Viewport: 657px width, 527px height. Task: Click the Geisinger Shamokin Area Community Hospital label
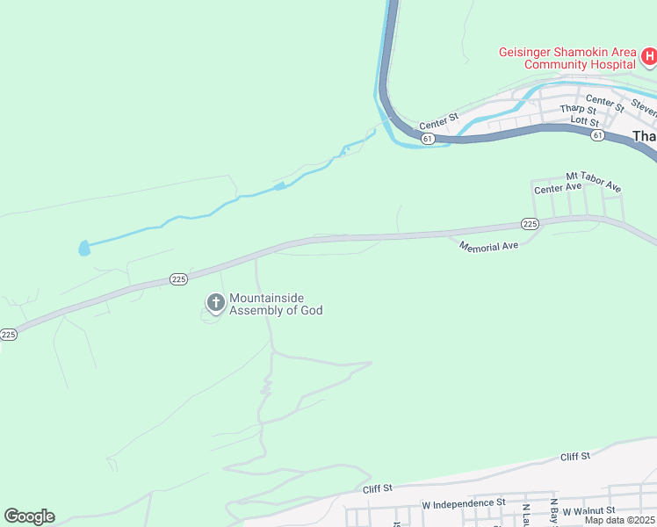567,58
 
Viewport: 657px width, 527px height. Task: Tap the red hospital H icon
649,58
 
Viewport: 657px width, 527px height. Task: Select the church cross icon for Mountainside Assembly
215,304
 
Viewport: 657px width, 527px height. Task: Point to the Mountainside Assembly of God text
276,305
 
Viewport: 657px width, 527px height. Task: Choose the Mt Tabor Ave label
593,182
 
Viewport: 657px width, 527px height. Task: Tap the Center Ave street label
559,188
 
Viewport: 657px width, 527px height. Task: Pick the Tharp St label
576,109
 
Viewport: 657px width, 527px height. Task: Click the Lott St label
584,121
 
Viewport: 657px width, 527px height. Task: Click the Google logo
29,516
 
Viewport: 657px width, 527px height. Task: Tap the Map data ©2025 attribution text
620,520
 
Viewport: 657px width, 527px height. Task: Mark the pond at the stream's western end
83,249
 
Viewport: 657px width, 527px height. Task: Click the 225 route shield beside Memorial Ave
529,225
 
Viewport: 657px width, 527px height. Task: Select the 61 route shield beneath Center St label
428,139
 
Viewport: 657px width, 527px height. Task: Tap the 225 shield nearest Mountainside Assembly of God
178,279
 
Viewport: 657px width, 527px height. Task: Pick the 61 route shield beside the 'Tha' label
597,135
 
